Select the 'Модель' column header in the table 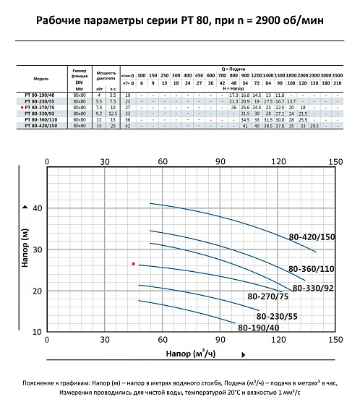42,77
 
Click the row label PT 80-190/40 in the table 43,95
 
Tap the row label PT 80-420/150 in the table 43,126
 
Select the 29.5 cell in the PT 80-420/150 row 314,126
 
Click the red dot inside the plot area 133,264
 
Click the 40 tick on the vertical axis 38,208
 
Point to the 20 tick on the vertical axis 38,291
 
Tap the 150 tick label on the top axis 335,163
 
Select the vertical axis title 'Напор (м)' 26,250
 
